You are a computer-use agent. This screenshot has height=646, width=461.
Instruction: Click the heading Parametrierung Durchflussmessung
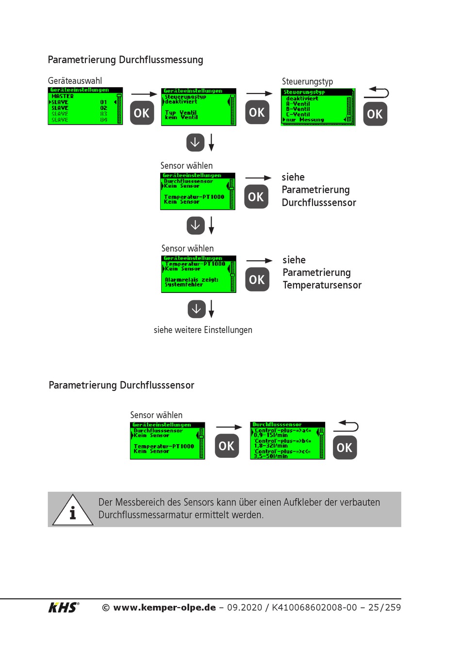point(125,60)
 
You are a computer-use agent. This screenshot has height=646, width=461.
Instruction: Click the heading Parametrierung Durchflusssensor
point(121,385)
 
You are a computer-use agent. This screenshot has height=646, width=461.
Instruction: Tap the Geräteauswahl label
point(75,81)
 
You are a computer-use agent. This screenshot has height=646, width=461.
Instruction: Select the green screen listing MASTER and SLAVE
point(85,106)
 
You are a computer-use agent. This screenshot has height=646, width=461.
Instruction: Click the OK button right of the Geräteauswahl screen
point(142,113)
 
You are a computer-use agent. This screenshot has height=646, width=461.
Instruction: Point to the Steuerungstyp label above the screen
point(307,81)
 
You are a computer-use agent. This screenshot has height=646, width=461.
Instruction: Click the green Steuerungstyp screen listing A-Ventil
point(318,107)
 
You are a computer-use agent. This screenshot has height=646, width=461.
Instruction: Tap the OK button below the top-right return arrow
point(375,114)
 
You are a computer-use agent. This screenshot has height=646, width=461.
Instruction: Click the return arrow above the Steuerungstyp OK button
point(377,92)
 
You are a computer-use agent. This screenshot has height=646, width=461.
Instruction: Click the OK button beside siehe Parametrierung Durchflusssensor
point(256,197)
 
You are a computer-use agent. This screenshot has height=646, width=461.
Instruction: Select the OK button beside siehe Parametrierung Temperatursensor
point(257,279)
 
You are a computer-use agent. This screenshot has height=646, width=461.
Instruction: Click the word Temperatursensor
point(322,285)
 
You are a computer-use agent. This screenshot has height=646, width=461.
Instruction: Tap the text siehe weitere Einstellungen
point(203,330)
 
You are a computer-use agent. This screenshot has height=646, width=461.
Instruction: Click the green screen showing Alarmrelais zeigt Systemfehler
point(198,274)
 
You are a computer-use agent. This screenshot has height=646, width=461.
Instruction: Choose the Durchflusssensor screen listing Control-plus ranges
point(287,440)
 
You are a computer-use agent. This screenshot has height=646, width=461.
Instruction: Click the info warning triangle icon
point(73,510)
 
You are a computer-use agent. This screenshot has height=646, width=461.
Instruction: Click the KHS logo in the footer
point(64,607)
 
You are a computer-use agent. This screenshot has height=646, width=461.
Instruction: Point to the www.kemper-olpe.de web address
point(165,607)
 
